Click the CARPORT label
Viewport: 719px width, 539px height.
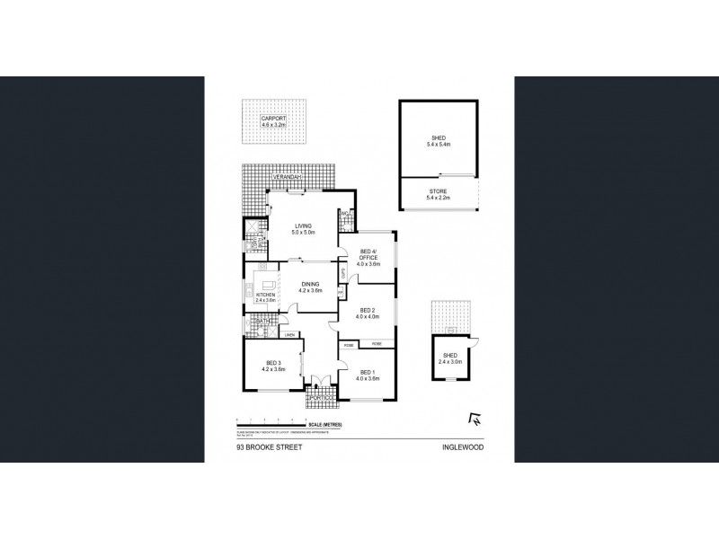(272, 119)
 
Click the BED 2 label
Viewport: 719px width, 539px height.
(365, 313)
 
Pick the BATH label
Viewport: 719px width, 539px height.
(264, 321)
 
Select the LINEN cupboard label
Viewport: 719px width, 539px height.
(289, 335)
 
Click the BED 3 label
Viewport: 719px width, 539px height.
(273, 364)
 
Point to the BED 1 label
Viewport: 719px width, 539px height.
(368, 373)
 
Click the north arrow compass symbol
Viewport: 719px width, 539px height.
(474, 417)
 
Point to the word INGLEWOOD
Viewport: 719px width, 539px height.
(460, 445)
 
